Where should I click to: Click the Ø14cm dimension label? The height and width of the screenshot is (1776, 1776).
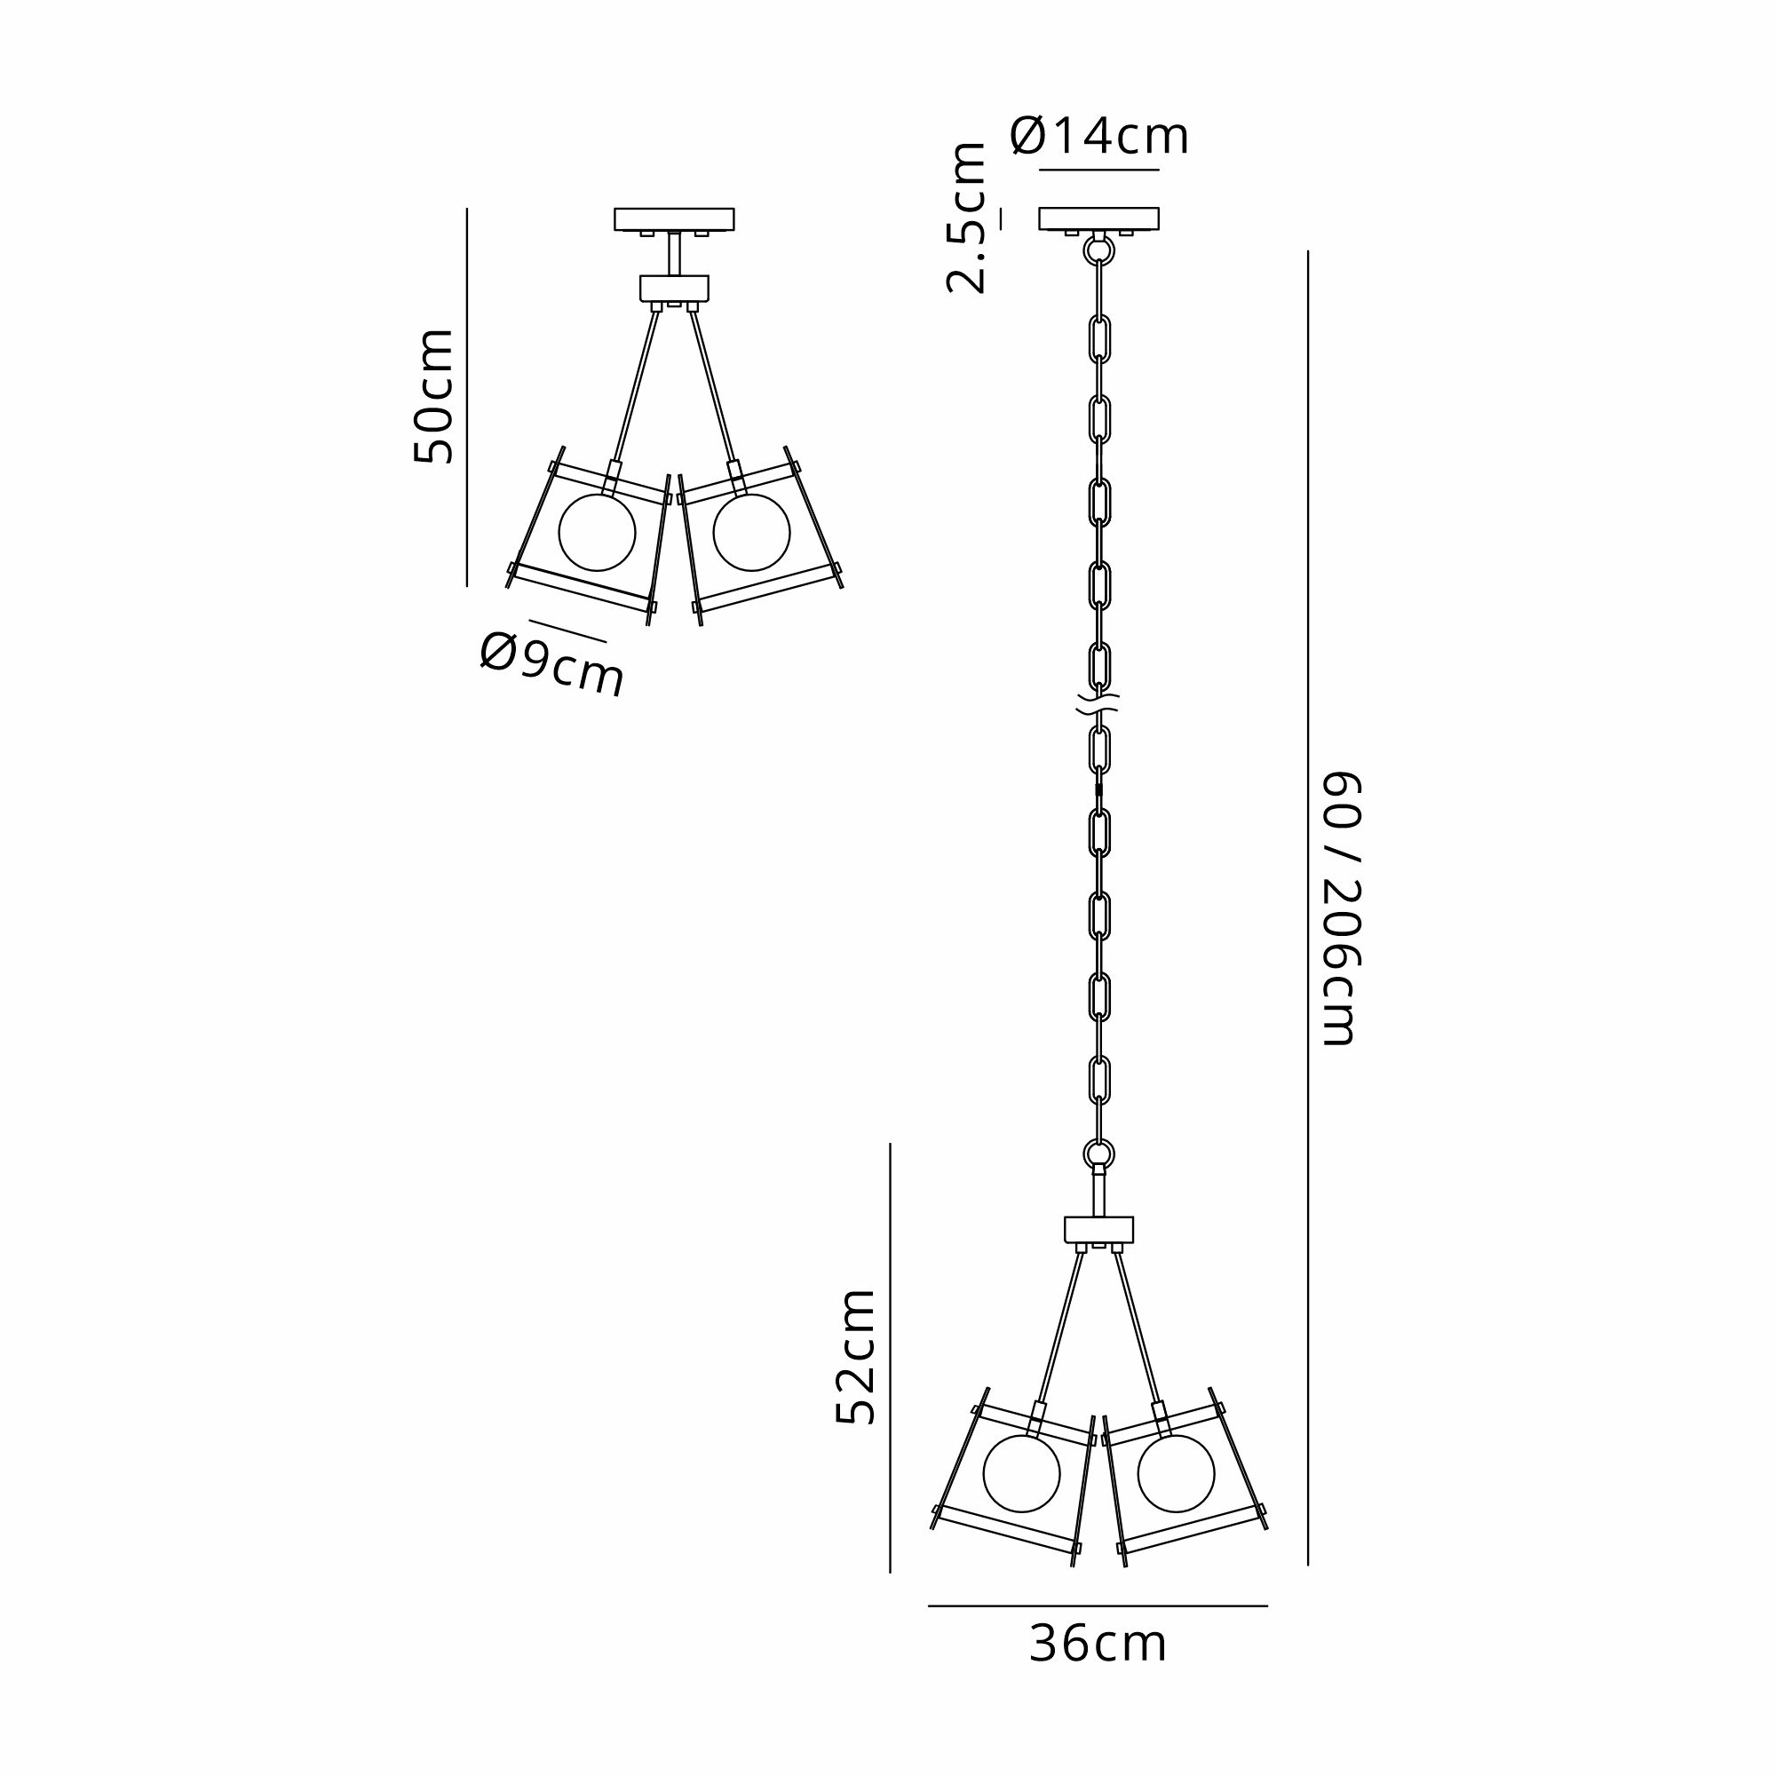(1099, 137)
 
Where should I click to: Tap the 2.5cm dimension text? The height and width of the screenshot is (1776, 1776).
(967, 218)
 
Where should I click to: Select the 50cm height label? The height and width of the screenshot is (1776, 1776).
(433, 396)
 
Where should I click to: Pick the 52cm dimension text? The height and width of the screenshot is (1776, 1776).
(856, 1357)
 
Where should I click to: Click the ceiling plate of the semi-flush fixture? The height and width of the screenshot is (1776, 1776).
(675, 218)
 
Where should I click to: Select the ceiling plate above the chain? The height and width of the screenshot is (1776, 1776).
(1098, 218)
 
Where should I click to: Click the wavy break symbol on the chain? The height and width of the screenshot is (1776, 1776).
(1098, 706)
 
